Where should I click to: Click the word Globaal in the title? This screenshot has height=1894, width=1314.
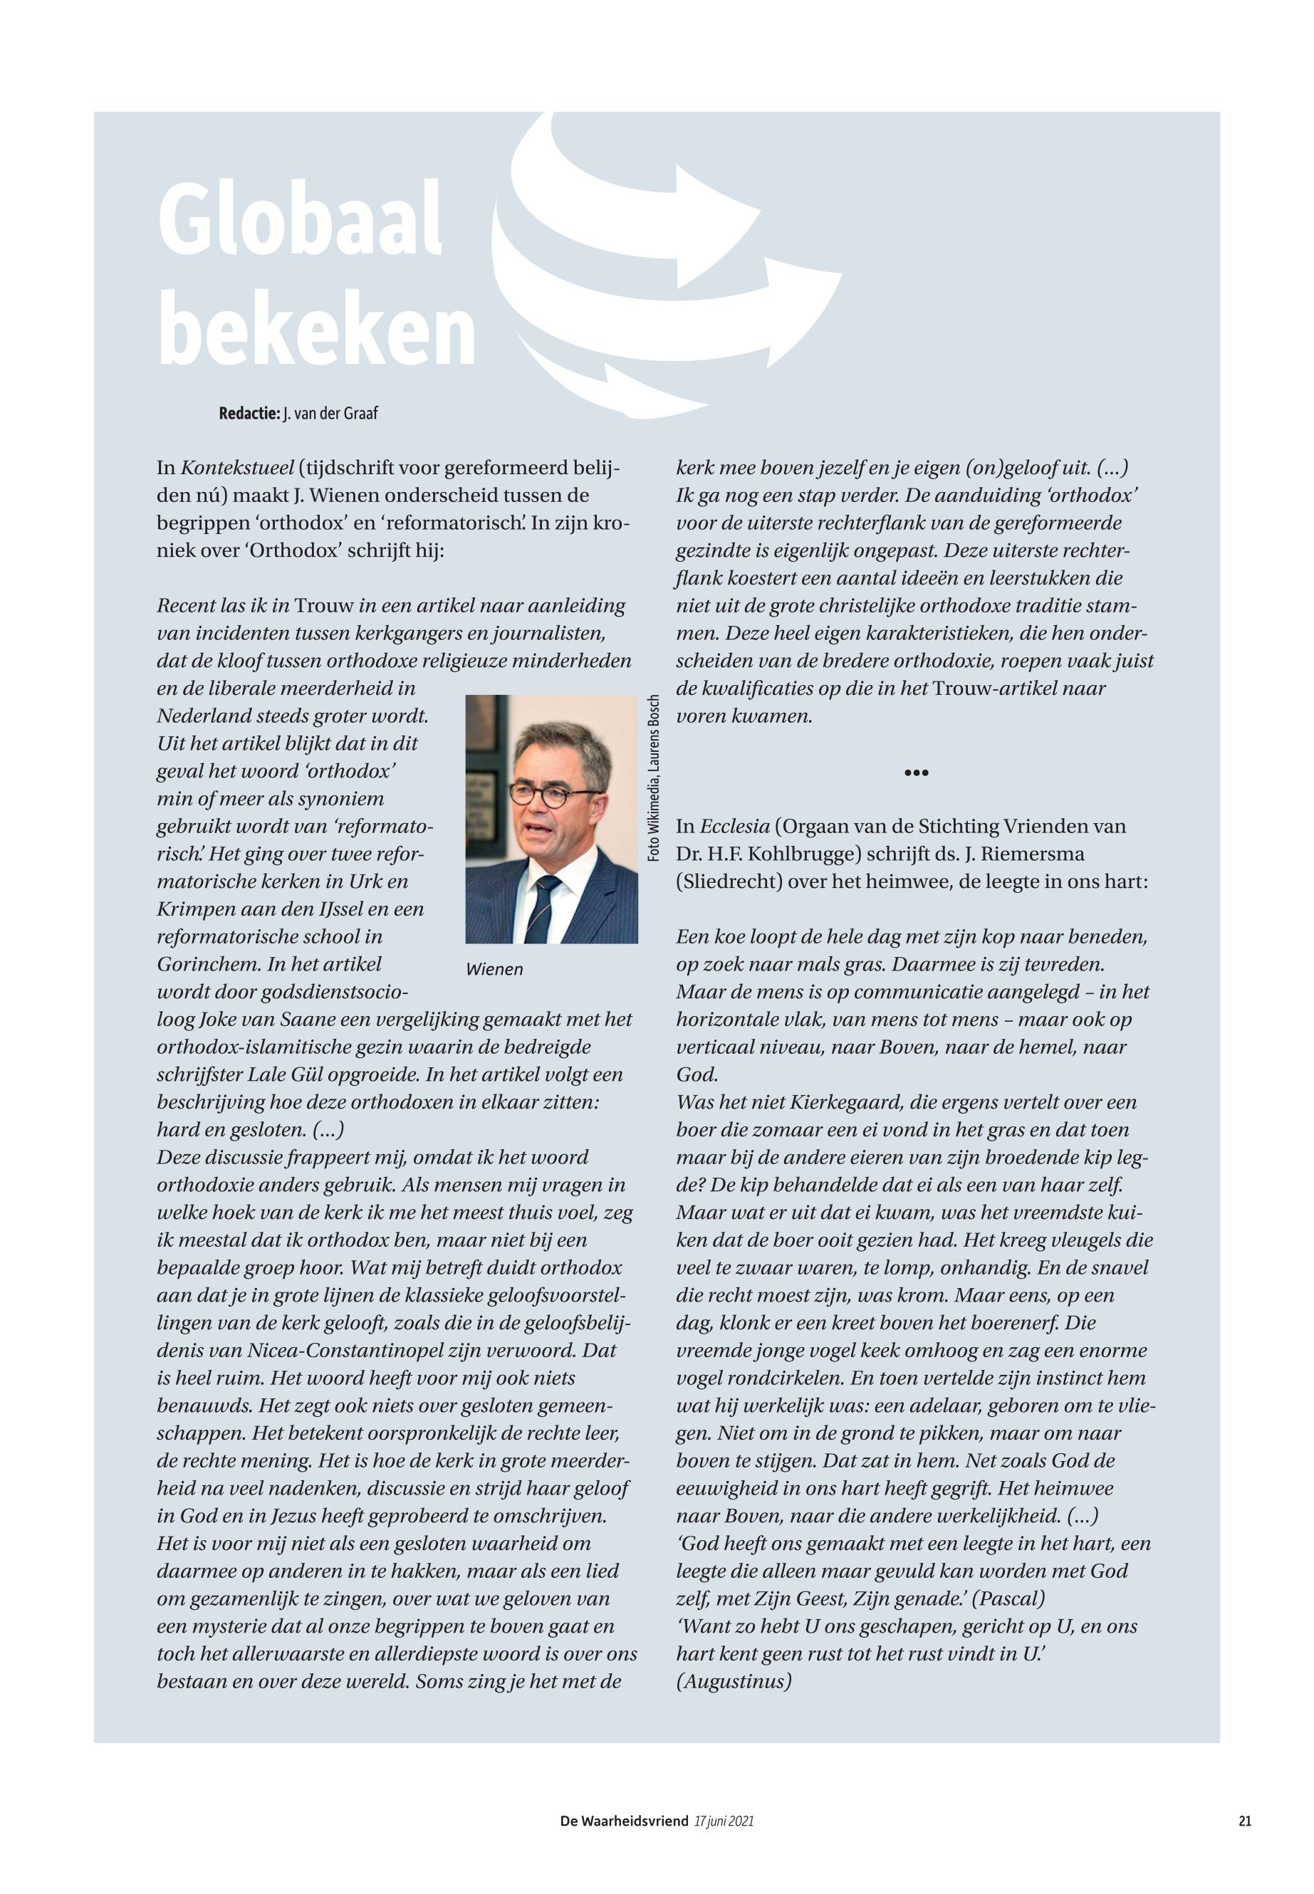click(x=300, y=221)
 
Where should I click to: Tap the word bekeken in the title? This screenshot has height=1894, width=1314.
click(x=317, y=330)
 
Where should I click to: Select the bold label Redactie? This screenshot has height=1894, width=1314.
click(x=249, y=413)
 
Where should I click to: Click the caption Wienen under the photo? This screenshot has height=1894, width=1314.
click(x=494, y=970)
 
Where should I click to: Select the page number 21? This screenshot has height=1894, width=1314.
click(x=1244, y=1821)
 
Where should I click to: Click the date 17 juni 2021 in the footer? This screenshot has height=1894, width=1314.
click(x=724, y=1821)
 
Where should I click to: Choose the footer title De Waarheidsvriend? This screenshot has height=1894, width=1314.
click(x=623, y=1821)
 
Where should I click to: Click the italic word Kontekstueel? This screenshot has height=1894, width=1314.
click(x=237, y=469)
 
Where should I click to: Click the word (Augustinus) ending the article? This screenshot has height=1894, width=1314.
click(x=734, y=1682)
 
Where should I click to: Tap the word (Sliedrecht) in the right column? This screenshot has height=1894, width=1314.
click(x=729, y=881)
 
